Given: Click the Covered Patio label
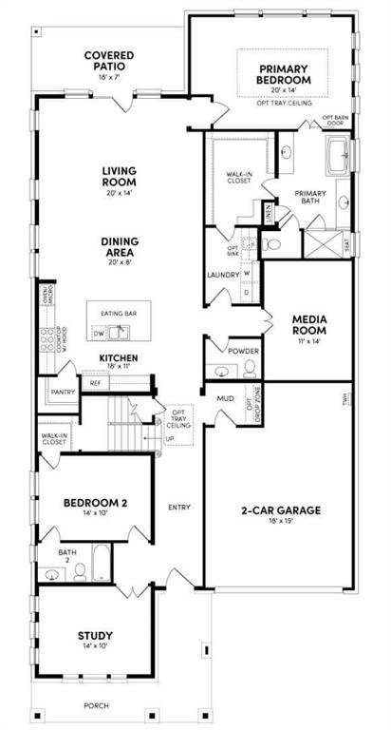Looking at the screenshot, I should coord(108,62).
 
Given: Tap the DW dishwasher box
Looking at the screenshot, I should coord(98,333).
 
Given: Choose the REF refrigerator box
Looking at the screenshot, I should coord(94,383).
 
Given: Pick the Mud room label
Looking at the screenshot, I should coord(225,398).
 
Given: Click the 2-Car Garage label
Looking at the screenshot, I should coord(278,510).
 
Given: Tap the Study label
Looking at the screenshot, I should coord(95,636).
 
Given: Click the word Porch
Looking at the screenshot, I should coord(95,706).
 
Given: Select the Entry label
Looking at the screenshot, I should coord(179,508).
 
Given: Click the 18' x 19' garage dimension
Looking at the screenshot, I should coord(278,523).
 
